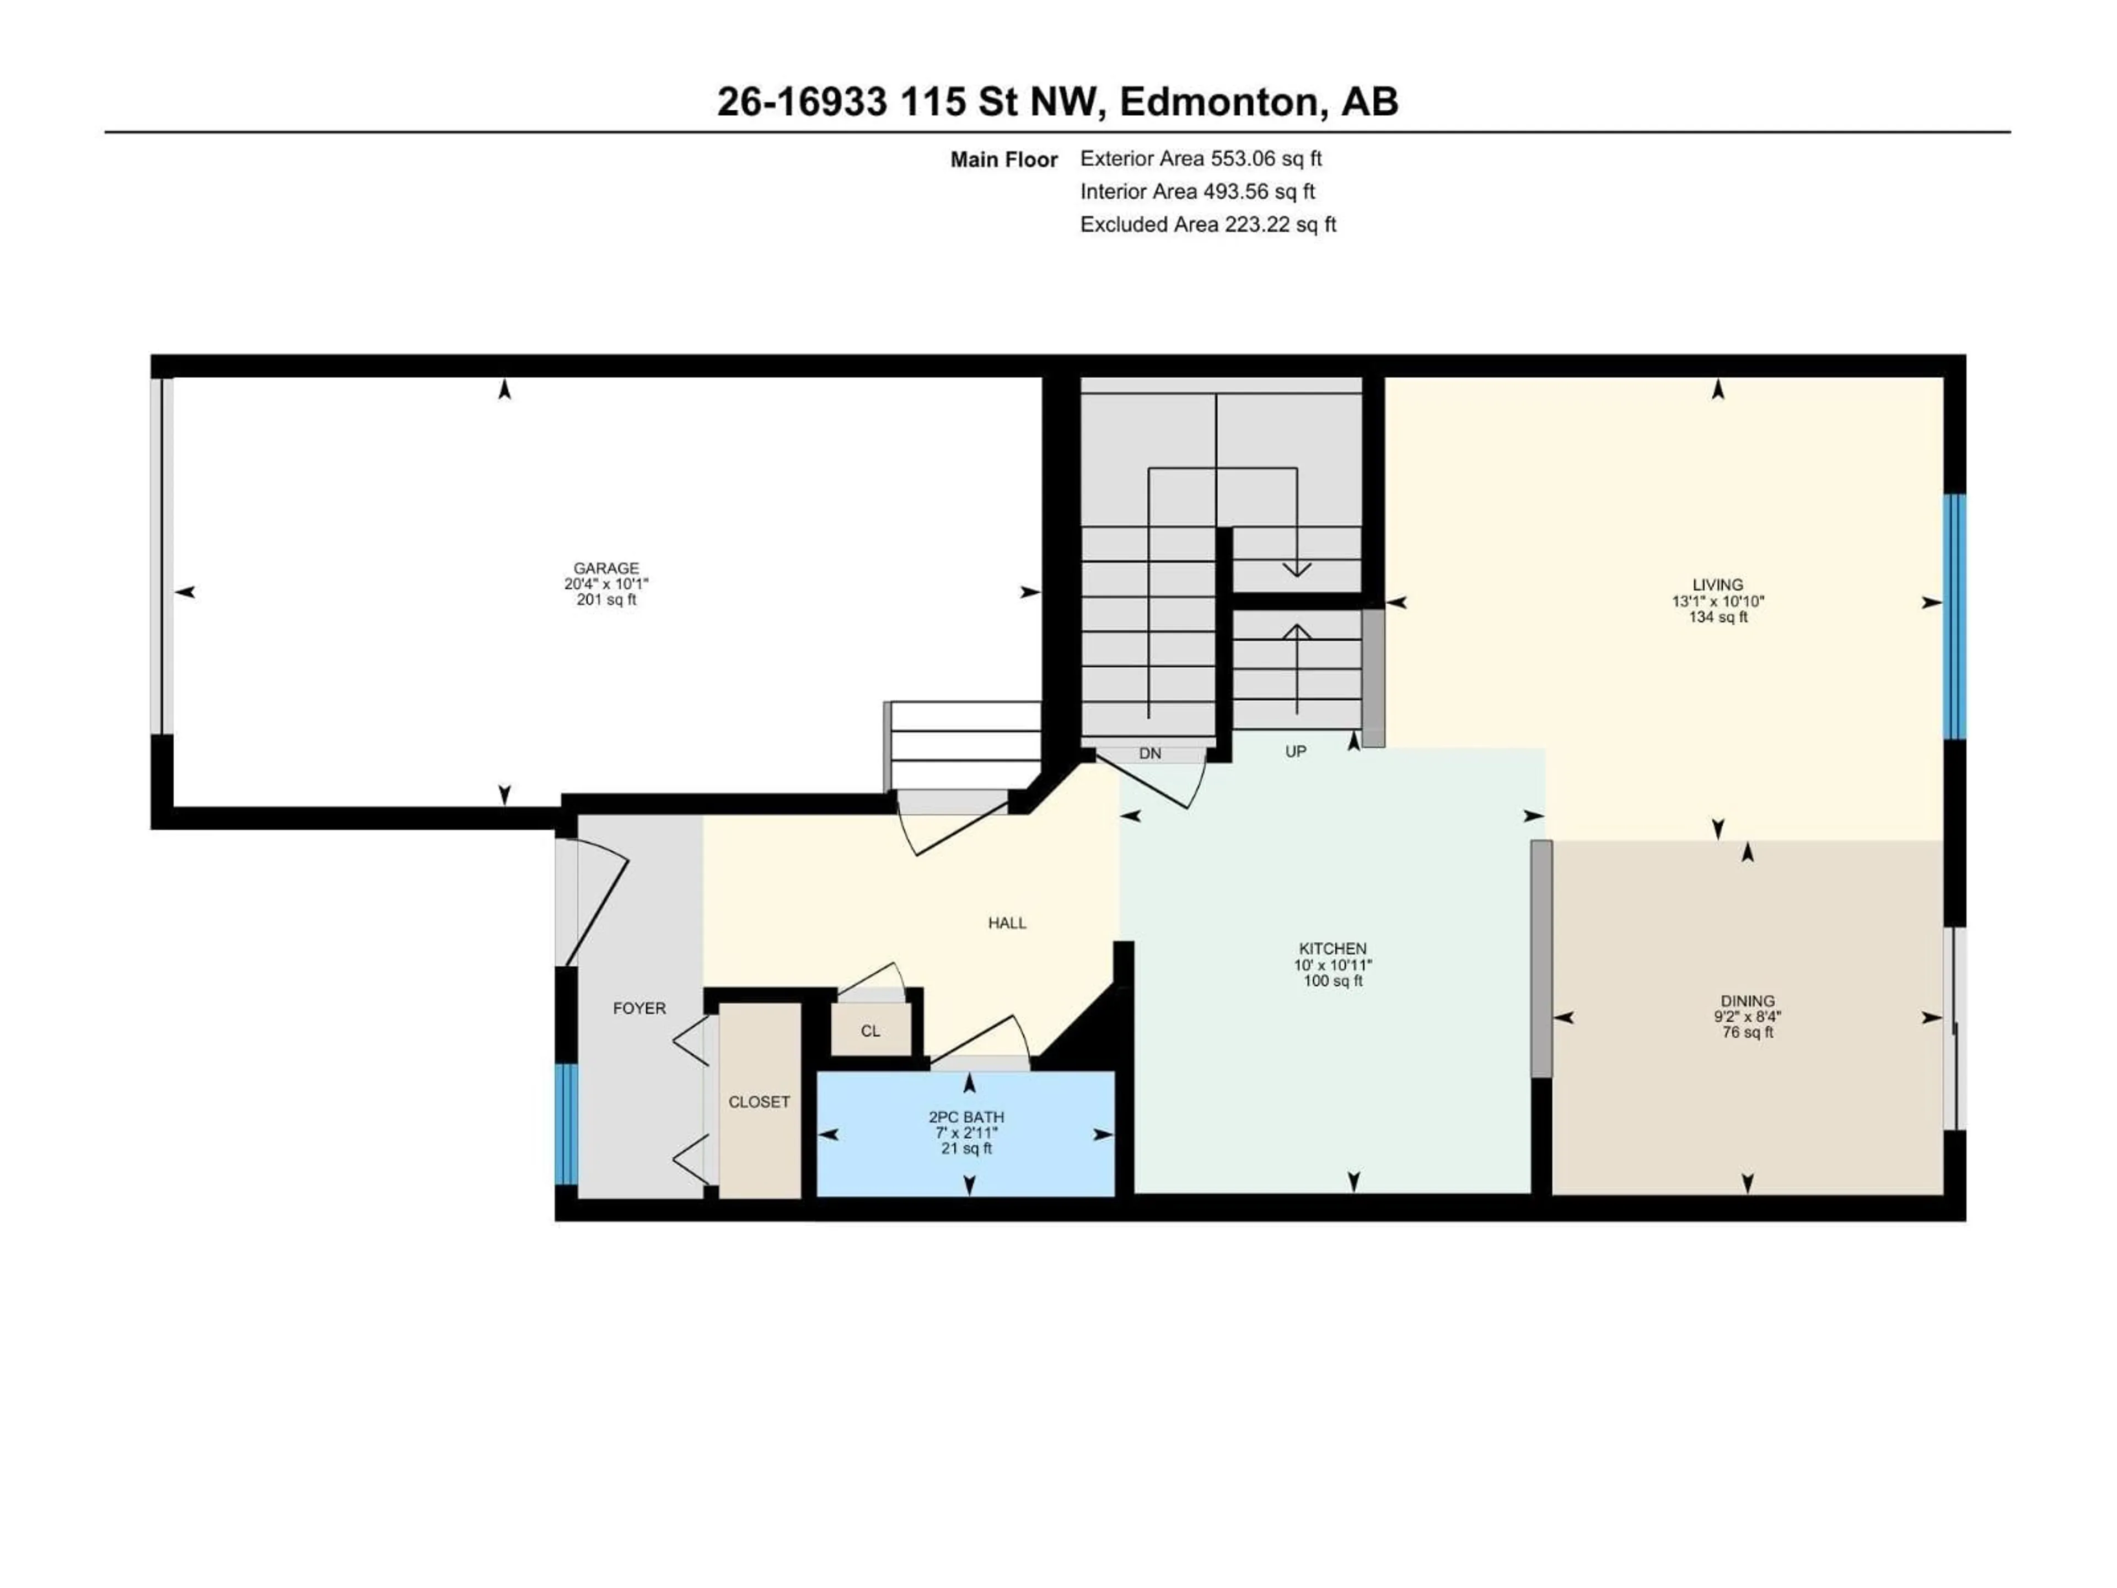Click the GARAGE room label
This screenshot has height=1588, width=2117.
(606, 567)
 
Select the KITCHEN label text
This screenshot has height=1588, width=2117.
(1333, 948)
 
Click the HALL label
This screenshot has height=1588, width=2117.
(1007, 922)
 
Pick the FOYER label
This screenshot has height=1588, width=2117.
(640, 1008)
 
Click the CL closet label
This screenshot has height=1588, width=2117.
(870, 1031)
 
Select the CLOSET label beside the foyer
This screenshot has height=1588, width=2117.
(759, 1102)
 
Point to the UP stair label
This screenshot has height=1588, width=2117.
(1295, 752)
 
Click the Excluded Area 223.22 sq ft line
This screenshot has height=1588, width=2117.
(1208, 224)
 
